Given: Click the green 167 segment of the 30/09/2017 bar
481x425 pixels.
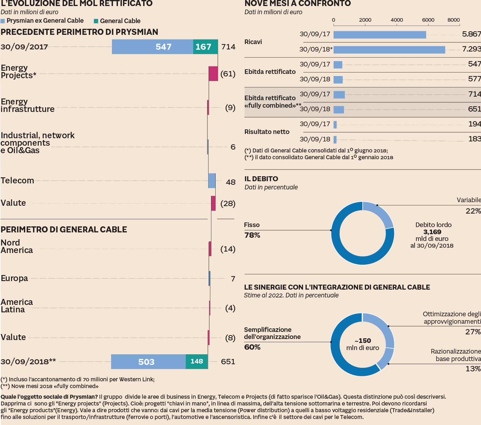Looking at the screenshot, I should pos(205,47).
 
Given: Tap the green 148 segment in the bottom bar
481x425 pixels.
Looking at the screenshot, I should pos(197,361).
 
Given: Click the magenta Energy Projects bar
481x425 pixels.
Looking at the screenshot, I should pos(213,74).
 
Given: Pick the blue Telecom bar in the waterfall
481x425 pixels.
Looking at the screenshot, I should pos(212,181).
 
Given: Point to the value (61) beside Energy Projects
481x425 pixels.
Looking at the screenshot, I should pos(228,74).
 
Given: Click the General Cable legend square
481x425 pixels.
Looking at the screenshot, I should pos(96,21).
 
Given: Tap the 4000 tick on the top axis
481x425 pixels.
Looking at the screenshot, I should pos(396,20).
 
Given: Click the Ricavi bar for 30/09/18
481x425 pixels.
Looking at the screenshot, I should pos(389,50).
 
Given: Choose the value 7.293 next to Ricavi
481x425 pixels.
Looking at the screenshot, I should pos(471,49).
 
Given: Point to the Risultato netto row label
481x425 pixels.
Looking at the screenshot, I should pos(267,132).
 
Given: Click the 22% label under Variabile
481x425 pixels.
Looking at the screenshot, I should pos(473,211).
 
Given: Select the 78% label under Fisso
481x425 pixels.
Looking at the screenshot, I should pos(252,235).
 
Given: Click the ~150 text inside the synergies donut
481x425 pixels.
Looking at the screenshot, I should pos(363,340).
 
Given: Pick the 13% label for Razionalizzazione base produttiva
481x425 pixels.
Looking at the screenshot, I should pos(473,369).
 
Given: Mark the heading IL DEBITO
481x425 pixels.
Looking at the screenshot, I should pos(261,179).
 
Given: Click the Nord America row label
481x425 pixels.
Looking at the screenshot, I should pos(17,247).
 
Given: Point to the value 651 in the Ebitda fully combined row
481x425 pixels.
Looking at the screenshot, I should pos(474,109).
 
